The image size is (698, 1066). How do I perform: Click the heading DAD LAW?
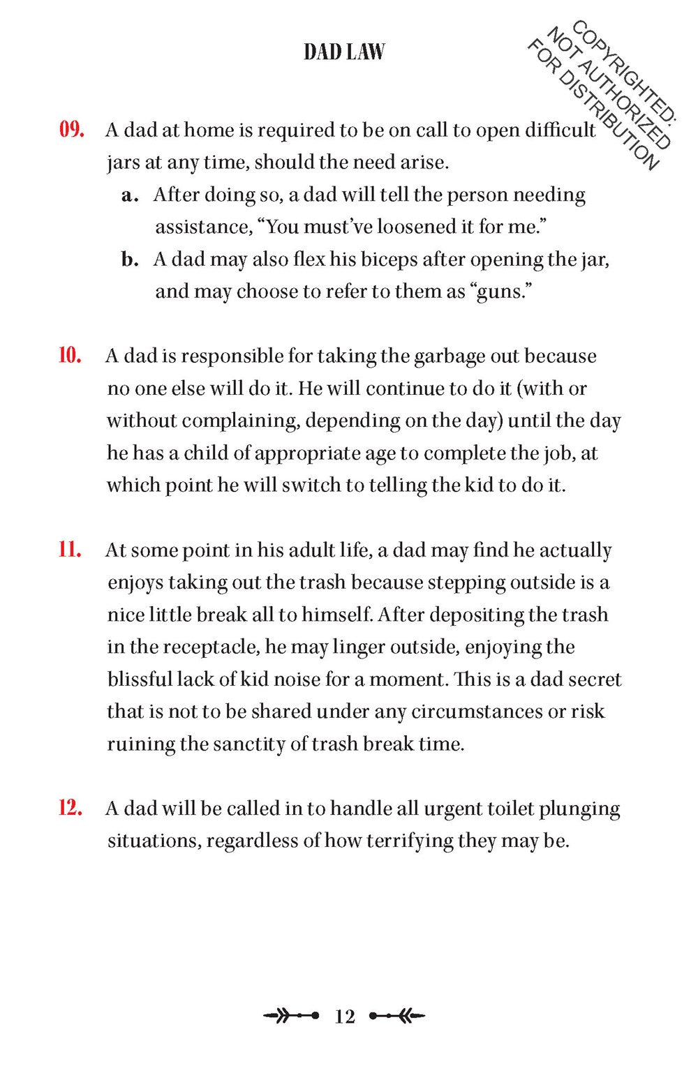[344, 52]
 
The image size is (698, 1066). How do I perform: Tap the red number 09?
[71, 130]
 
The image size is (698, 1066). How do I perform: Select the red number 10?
[70, 356]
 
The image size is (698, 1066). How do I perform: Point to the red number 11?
[70, 550]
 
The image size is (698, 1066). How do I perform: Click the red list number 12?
[70, 809]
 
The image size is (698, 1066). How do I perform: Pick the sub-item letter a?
[127, 195]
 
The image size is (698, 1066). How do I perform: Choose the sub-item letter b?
[128, 260]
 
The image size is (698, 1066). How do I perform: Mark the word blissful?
[138, 680]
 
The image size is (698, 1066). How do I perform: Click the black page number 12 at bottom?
[345, 1016]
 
